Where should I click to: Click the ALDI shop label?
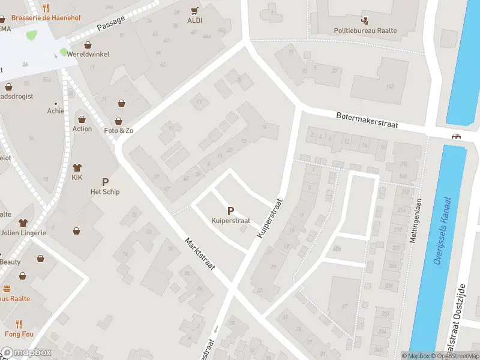pos(194,20)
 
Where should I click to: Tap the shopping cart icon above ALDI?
pos(194,10)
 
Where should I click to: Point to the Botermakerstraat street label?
pos(367,120)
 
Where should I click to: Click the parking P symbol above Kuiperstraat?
pos(230,211)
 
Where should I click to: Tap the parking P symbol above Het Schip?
pos(106,182)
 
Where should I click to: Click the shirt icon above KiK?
pos(77,167)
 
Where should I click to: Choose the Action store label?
pos(82,128)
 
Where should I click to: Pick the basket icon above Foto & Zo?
pos(122,103)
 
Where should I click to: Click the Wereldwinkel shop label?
pos(88,54)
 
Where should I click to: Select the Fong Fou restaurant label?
pos(21,334)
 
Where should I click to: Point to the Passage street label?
pos(111,23)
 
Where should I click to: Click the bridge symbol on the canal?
pos(457,136)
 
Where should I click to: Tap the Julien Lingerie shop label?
pos(23,233)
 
